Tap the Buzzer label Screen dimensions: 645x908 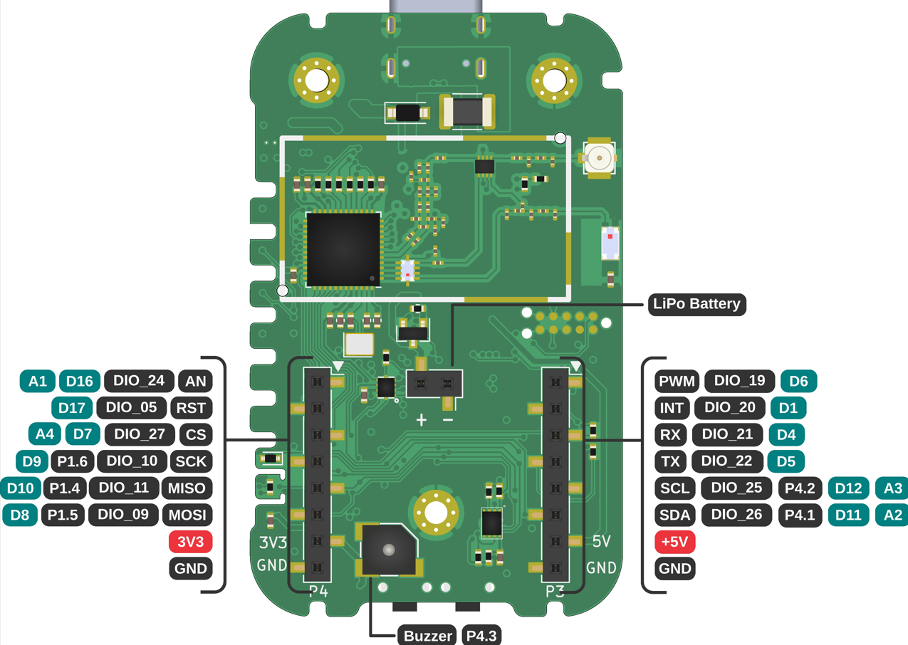pos(428,636)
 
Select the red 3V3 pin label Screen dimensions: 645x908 pos(191,542)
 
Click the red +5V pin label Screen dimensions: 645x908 pos(674,542)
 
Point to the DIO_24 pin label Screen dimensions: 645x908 pos(139,381)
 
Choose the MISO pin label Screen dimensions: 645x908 pos(187,488)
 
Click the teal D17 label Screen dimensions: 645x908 pos(71,408)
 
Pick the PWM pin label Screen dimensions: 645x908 pos(677,381)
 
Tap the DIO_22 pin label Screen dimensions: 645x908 pos(726,461)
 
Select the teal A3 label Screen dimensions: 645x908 pos(892,488)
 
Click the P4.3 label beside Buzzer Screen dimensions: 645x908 pos(481,636)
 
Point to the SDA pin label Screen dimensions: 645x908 pos(674,515)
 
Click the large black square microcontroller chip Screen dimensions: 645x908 pos(343,249)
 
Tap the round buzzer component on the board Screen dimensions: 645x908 pos(388,550)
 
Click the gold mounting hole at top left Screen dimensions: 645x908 pos(316,80)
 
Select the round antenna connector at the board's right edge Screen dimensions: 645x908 pos(600,157)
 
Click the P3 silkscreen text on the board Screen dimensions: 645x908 pos(555,591)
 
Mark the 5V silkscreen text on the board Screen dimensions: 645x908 pos(602,542)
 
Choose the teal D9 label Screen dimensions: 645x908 pos(32,461)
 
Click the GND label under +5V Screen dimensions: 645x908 pos(674,568)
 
